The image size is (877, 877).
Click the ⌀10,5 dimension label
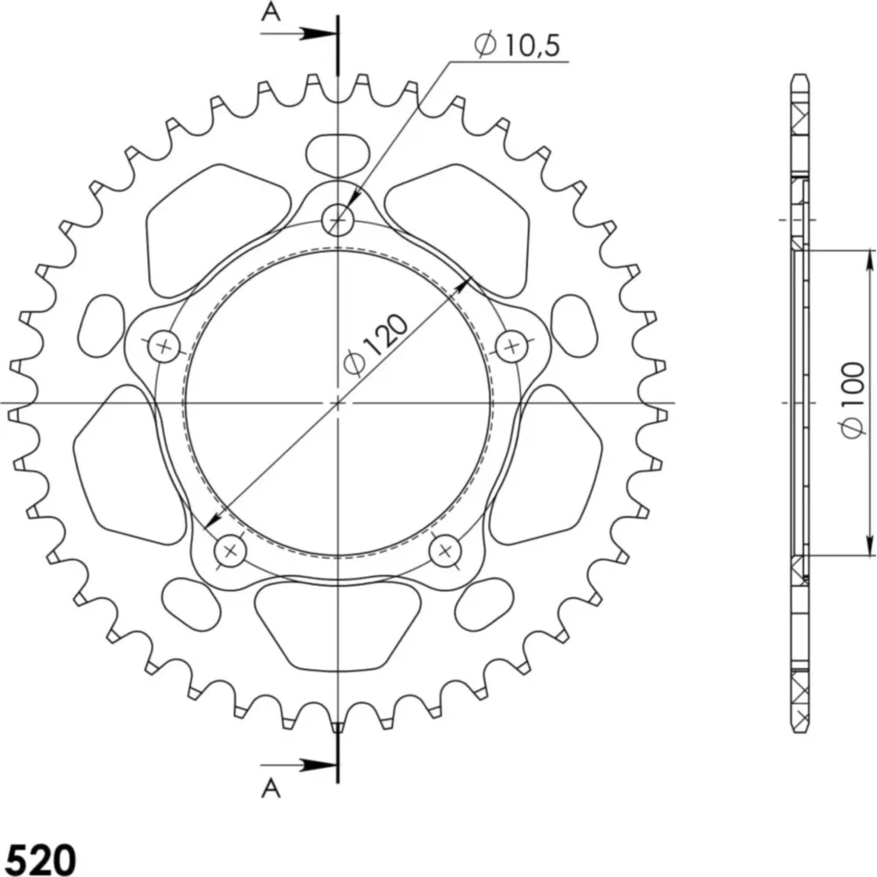pos(517,45)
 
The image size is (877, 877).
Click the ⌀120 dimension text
pos(376,344)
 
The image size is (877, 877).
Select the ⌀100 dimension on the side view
pos(852,401)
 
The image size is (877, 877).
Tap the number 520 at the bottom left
pos(42,859)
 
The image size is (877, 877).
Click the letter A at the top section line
pos(271,11)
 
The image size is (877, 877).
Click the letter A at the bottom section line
pos(271,788)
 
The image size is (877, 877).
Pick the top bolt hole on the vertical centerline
pos(338,219)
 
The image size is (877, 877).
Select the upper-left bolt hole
pos(164,346)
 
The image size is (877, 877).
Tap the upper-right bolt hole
pos(512,346)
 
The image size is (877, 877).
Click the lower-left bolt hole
pos(231,551)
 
